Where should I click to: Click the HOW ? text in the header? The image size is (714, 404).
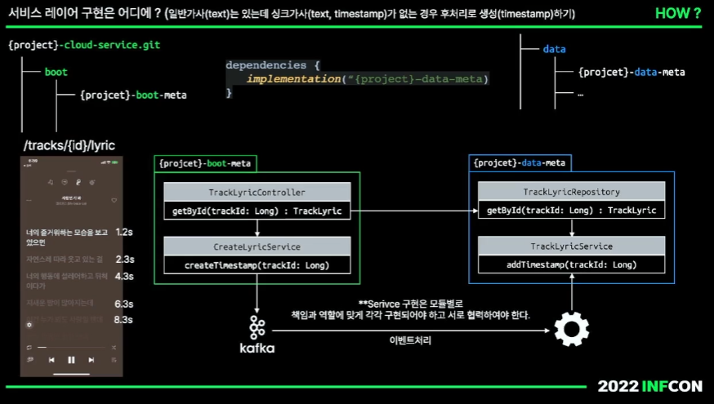(x=678, y=13)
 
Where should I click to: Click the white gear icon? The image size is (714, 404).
(x=571, y=330)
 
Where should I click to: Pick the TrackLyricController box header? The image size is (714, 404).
(x=257, y=193)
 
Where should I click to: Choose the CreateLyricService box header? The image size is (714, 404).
(x=257, y=246)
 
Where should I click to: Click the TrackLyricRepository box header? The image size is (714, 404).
(x=571, y=193)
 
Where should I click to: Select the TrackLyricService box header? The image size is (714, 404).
(x=571, y=246)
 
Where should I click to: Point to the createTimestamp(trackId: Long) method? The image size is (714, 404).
(x=257, y=265)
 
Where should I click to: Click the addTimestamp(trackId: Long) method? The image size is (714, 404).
(x=571, y=265)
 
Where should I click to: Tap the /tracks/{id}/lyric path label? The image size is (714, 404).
(x=69, y=145)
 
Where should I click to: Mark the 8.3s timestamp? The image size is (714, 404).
(x=123, y=319)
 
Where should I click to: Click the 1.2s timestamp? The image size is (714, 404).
(x=124, y=232)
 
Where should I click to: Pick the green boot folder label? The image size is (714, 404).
(x=56, y=72)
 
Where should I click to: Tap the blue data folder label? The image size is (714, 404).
(x=554, y=49)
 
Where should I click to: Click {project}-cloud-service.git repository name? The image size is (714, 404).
(x=84, y=45)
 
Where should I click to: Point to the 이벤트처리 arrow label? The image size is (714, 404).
(x=410, y=340)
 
